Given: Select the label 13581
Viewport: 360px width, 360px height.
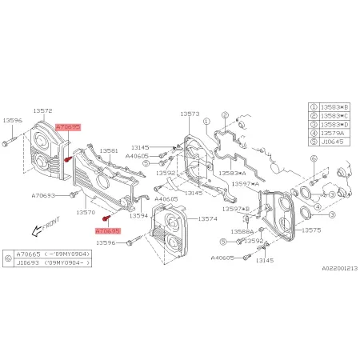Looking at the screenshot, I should [109, 150].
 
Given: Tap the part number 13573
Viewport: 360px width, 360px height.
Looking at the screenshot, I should [190, 115].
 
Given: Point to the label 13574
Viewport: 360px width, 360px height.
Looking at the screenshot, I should [207, 218].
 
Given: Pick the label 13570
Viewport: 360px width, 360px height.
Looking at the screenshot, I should [86, 214].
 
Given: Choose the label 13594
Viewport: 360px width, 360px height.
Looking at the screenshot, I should [139, 215].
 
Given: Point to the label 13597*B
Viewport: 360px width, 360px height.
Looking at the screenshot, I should [237, 209].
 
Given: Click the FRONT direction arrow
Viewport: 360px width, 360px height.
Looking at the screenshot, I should [37, 230].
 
